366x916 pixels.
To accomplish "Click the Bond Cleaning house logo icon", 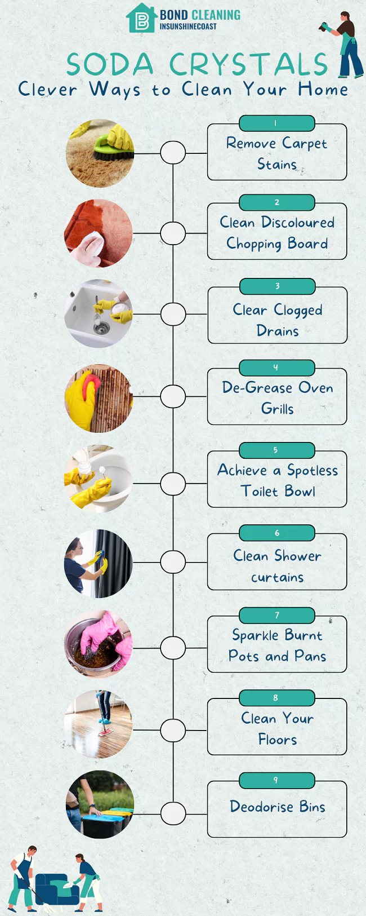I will [x=141, y=19].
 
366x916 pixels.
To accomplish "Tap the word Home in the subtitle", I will [x=323, y=89].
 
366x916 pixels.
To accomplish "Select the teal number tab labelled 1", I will [x=276, y=123].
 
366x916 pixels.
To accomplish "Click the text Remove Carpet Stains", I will [x=276, y=153].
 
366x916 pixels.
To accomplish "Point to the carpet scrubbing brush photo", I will [x=100, y=153].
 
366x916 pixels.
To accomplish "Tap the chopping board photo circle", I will [x=99, y=233].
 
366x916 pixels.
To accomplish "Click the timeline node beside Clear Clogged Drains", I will [x=173, y=313].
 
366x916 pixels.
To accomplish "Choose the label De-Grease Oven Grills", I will [x=277, y=398].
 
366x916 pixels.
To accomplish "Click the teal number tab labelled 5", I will [x=276, y=450].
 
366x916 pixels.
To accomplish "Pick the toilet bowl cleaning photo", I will [x=99, y=479].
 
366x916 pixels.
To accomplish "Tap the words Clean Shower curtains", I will [x=277, y=566].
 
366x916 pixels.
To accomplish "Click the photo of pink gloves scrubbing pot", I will [x=99, y=643].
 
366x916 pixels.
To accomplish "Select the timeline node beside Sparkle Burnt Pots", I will [x=173, y=648].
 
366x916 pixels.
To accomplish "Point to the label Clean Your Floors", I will [x=277, y=728].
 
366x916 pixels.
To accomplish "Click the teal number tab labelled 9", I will [x=276, y=780].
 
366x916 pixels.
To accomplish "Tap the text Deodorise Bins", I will [x=277, y=807].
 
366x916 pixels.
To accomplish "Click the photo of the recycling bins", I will [x=100, y=804].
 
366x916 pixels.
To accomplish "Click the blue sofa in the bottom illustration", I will [x=54, y=890].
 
